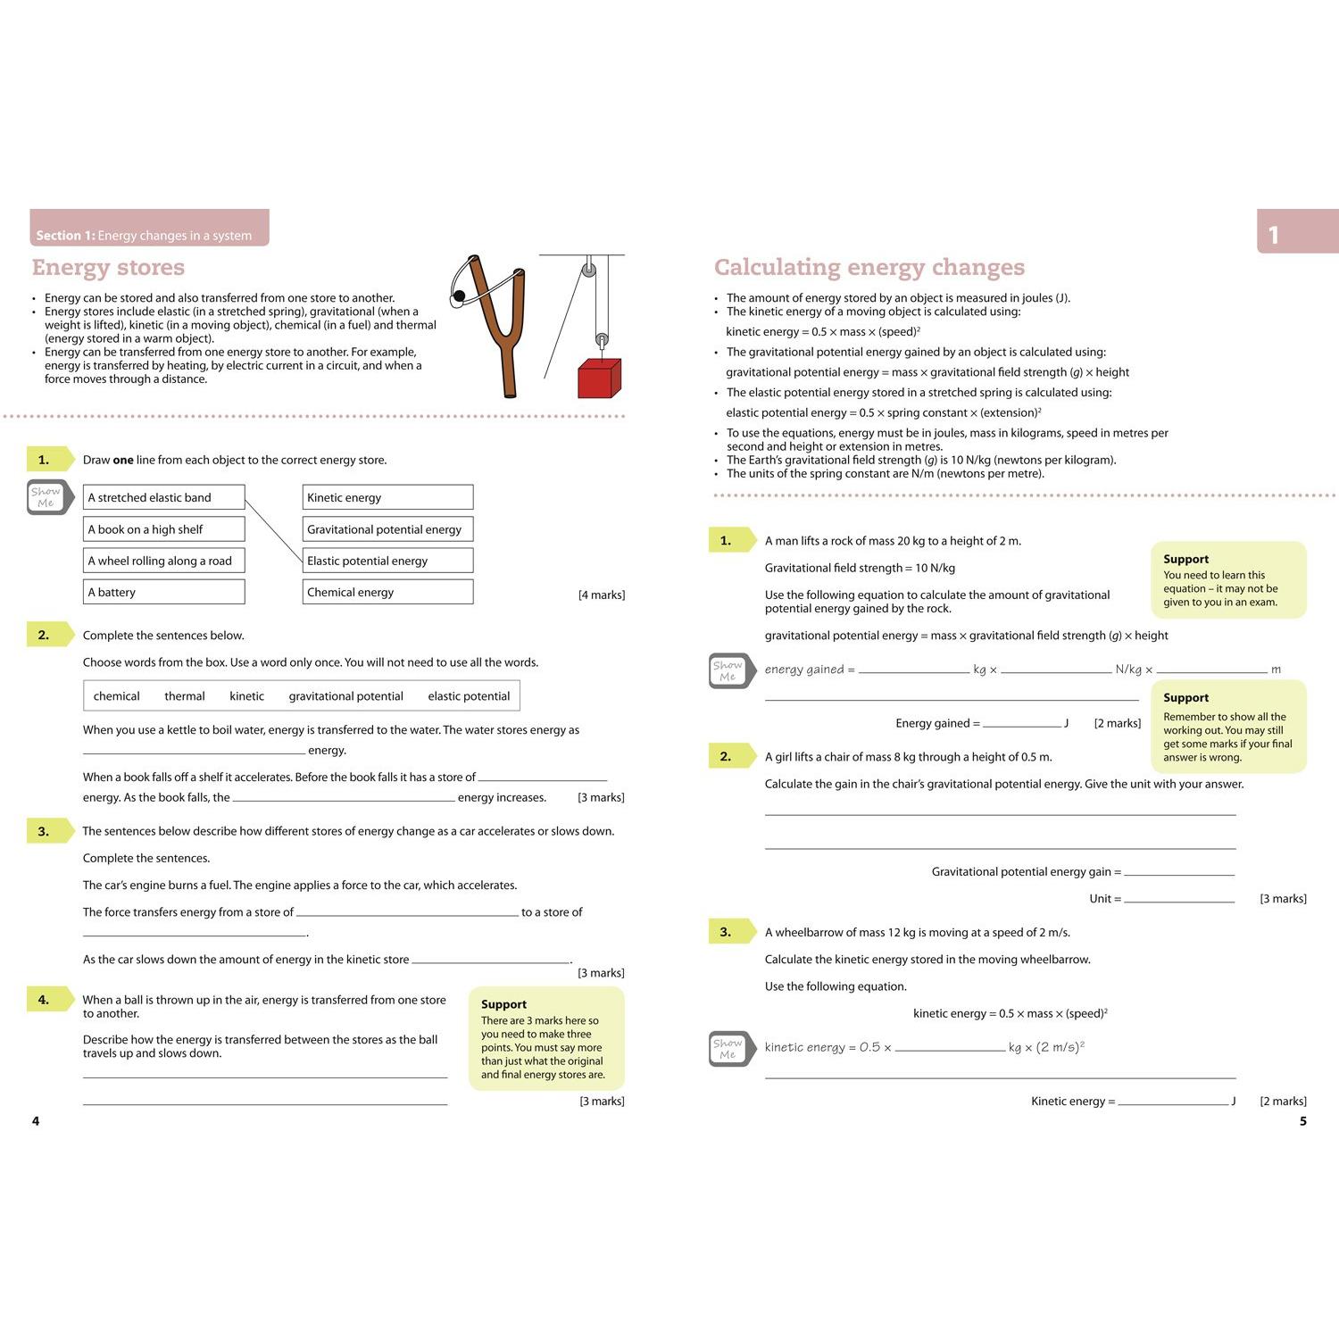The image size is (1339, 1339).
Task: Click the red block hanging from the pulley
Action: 599,378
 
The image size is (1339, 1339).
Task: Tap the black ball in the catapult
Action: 459,295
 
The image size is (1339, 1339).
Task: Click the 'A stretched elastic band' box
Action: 165,497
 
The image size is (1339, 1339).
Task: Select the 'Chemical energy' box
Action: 387,592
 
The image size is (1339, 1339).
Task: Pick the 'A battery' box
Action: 165,592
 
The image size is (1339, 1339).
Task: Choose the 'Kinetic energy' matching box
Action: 387,497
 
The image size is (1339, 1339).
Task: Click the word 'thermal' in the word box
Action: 185,696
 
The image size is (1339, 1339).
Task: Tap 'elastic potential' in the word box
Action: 469,696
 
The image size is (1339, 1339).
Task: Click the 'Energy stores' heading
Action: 108,267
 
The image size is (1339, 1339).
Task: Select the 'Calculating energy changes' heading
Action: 869,267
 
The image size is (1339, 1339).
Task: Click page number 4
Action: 36,1121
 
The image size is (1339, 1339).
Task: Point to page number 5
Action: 1302,1121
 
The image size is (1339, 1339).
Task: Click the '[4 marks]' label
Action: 602,595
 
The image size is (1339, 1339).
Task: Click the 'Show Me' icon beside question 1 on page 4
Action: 47,497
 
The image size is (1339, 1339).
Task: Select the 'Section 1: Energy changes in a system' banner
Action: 149,229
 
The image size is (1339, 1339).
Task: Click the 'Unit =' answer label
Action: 1105,899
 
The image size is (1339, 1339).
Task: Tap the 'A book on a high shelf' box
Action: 165,529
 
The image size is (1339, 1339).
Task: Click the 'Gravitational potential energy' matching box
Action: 387,529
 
